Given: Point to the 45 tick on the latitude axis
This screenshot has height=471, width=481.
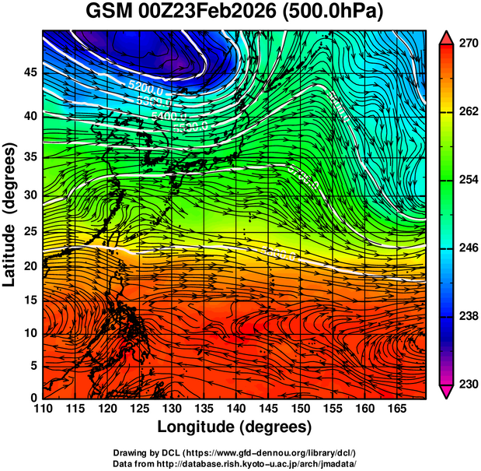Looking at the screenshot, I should (29, 73).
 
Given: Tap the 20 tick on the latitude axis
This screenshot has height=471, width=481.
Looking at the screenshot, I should (29, 266).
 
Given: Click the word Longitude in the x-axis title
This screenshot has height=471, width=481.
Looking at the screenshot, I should (198, 427).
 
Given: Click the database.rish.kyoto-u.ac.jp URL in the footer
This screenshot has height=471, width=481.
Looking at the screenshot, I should (267, 463).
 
